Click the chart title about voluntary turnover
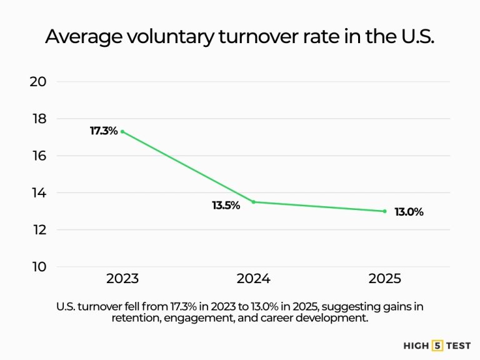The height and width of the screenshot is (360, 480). pyautogui.click(x=239, y=36)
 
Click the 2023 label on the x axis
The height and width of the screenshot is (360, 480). pyautogui.click(x=122, y=279)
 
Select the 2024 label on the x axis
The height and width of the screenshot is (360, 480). pyautogui.click(x=254, y=279)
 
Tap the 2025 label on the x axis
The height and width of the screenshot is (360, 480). pyautogui.click(x=384, y=279)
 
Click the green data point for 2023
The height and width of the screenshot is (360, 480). pyautogui.click(x=122, y=132)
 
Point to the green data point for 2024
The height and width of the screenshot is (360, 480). pyautogui.click(x=254, y=202)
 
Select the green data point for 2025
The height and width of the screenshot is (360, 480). pyautogui.click(x=384, y=211)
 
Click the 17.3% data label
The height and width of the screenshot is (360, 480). pyautogui.click(x=104, y=131)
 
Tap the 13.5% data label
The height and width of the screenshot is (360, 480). pyautogui.click(x=226, y=205)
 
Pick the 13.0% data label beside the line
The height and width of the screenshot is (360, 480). pyautogui.click(x=409, y=212)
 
